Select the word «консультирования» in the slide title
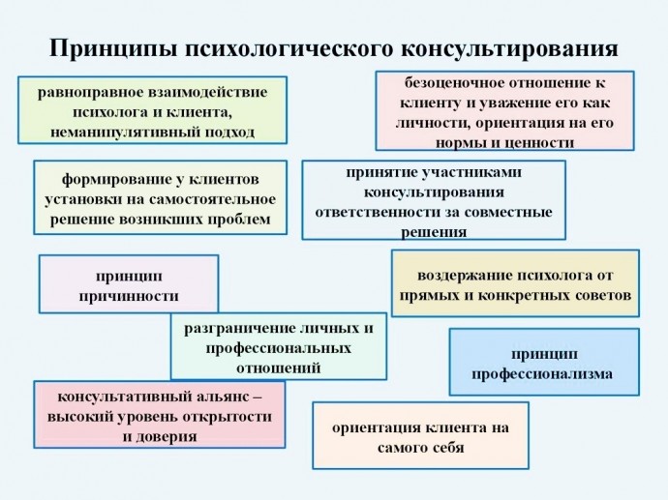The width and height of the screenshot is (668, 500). point(509,48)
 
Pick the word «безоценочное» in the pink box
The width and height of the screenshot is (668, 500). point(451,82)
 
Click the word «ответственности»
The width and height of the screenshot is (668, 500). point(375,212)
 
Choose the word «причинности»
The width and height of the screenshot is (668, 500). point(129,296)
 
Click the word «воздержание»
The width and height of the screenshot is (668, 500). point(465,276)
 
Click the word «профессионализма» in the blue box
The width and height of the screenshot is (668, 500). point(542,374)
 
